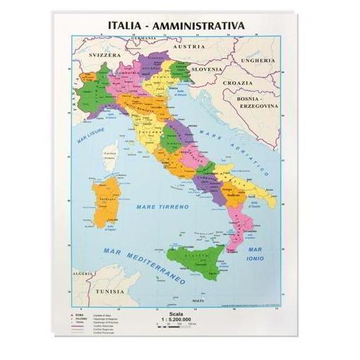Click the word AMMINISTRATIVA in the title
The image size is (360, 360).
click(x=205, y=25)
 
